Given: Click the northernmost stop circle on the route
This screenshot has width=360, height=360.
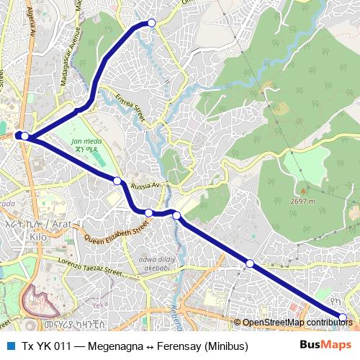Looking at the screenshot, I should [151, 23].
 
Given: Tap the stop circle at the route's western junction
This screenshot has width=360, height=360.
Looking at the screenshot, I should [24, 136].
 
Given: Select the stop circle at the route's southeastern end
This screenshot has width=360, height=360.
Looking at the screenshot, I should [343, 318].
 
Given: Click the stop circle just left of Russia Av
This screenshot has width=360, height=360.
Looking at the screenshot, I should [117, 180].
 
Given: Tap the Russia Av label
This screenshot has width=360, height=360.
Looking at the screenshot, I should [145, 186].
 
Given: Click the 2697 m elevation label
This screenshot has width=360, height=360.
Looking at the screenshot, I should [303, 202].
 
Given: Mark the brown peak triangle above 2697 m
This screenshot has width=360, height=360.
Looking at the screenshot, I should [303, 191].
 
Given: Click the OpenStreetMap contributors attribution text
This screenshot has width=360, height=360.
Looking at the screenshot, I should [297, 322].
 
